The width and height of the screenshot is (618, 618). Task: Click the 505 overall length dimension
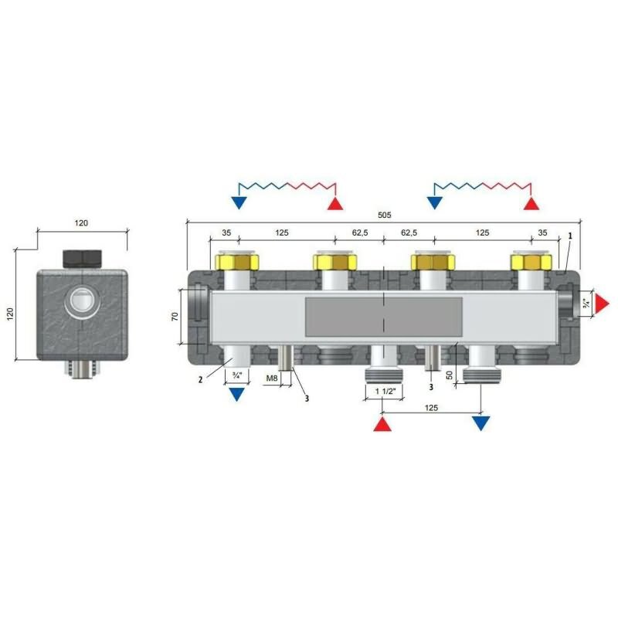384,215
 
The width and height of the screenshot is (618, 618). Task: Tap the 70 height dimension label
175,316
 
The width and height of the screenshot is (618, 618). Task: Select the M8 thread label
272,379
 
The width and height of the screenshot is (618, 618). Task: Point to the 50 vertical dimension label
450,375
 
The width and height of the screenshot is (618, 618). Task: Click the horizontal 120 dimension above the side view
81,223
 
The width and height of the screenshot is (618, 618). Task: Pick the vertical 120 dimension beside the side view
10,314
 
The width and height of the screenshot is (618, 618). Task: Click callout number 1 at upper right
569,236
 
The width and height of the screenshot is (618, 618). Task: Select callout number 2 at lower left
200,380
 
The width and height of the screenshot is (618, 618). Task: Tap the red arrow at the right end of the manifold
602,304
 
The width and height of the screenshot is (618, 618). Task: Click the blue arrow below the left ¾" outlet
236,394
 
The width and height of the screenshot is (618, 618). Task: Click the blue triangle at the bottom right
480,423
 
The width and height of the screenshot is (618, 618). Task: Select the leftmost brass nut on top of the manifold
237,260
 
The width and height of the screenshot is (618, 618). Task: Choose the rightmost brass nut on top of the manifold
531,260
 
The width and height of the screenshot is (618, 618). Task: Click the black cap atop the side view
83,259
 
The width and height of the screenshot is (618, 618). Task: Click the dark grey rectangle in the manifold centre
383,317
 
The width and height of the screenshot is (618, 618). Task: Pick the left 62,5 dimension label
360,233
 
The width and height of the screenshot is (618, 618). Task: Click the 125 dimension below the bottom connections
431,408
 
